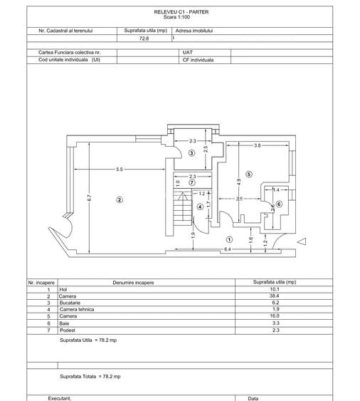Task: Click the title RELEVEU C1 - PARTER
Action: click(181, 12)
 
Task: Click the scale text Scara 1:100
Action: click(181, 17)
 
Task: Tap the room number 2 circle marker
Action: click(120, 200)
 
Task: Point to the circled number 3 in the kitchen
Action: click(191, 153)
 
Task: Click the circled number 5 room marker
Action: click(249, 174)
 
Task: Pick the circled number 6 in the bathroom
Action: click(279, 204)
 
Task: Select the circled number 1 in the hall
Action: click(229, 239)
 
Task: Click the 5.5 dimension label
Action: click(120, 170)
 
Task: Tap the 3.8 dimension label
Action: click(258, 146)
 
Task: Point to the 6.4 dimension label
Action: click(227, 250)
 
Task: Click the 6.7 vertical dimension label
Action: click(90, 198)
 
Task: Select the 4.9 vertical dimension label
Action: click(239, 182)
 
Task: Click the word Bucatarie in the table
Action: click(70, 303)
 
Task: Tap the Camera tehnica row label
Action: click(76, 310)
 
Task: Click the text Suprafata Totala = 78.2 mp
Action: click(90, 375)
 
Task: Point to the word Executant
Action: click(60, 398)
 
